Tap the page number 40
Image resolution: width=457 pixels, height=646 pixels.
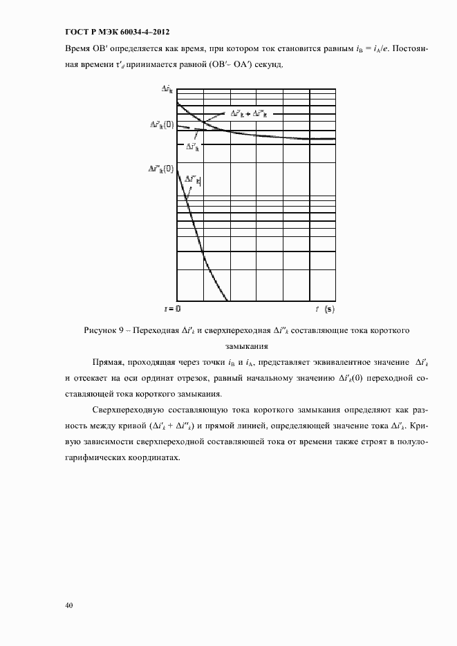click(69, 606)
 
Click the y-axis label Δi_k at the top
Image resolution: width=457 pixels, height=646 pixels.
click(167, 89)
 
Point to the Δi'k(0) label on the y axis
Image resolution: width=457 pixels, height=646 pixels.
click(162, 125)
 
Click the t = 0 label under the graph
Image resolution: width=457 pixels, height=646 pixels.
click(172, 308)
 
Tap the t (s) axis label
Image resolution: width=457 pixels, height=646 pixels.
click(325, 308)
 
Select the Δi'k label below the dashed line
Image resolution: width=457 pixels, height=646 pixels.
click(192, 146)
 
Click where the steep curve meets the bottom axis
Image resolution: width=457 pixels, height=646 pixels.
click(227, 301)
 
